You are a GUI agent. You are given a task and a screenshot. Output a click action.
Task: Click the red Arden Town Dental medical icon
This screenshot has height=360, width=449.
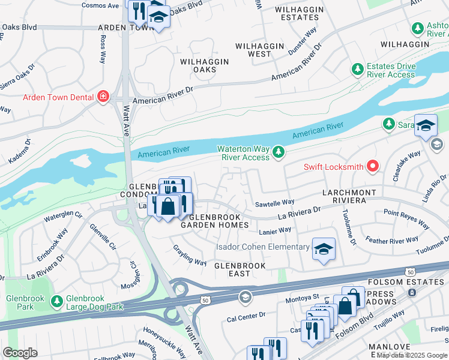point(103,97)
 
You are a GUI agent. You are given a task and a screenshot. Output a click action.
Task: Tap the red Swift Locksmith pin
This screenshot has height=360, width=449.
point(373,166)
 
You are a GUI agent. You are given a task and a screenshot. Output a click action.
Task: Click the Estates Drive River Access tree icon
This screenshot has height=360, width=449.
point(358,70)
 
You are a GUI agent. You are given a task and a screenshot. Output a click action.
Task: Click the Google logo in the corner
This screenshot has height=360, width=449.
point(20,353)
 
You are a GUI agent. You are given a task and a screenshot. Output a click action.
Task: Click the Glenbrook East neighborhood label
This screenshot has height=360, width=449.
point(240,269)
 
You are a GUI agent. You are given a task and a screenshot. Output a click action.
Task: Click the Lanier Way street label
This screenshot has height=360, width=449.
point(275,230)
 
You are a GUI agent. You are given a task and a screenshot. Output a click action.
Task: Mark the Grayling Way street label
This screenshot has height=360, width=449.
point(190,254)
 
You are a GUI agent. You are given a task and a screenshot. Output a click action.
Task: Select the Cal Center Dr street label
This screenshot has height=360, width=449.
point(247,315)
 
